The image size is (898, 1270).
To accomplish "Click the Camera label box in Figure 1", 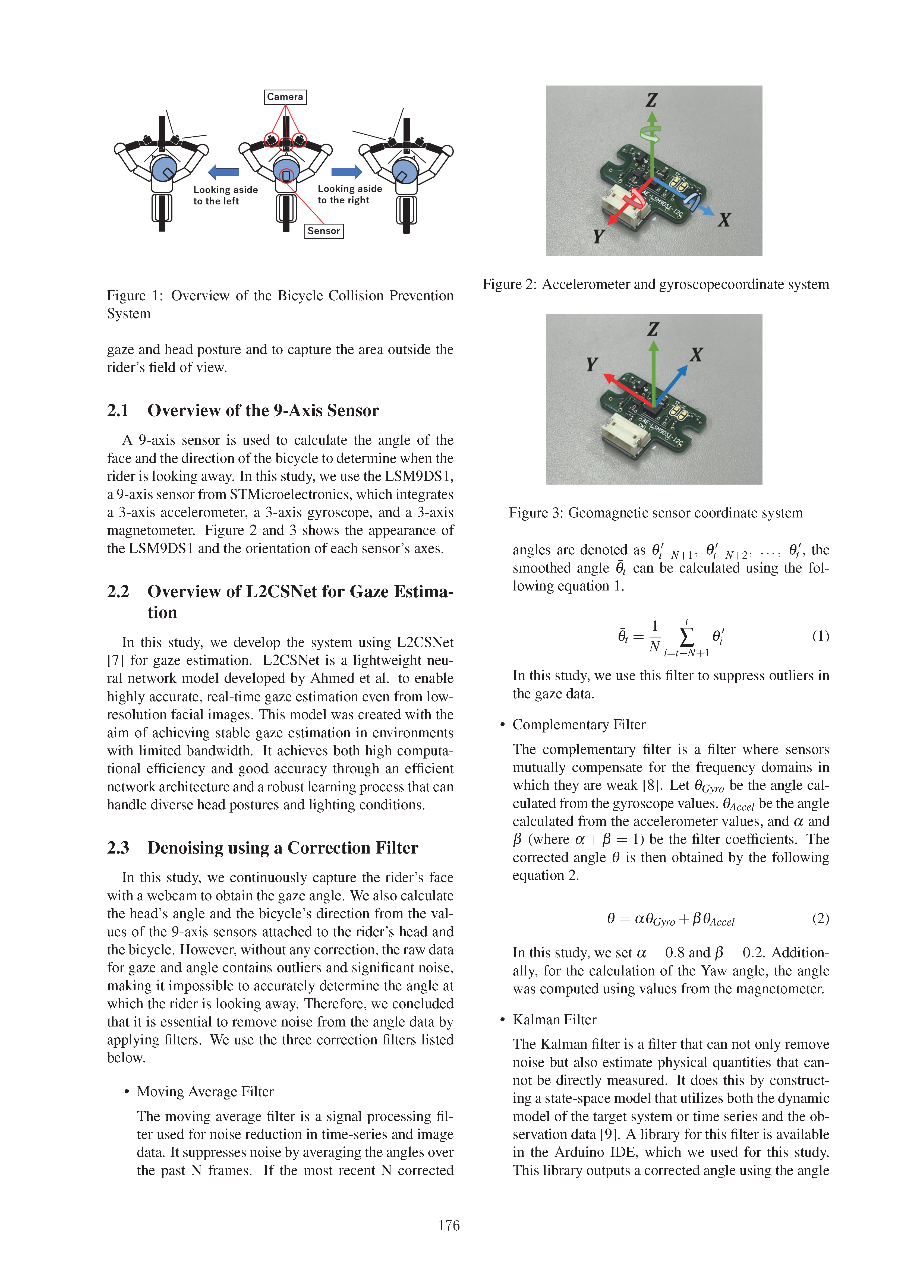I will click(285, 97).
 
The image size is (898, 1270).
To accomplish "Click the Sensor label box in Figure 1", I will click(324, 231).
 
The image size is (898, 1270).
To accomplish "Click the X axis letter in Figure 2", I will click(724, 220).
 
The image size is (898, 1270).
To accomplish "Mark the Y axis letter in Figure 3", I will click(591, 365).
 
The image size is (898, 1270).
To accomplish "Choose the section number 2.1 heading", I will click(118, 410).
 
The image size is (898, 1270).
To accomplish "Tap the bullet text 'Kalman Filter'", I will click(554, 1019).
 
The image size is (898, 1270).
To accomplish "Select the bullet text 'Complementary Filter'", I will click(579, 725).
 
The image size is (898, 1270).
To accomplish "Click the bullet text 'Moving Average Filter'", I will click(205, 1091).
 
